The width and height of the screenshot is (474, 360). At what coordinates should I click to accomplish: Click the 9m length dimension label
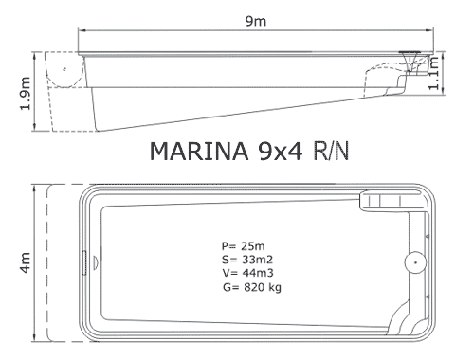(x=256, y=21)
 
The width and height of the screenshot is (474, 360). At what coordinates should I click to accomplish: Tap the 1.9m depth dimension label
(x=26, y=94)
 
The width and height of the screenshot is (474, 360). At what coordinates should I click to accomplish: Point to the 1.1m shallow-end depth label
(x=433, y=73)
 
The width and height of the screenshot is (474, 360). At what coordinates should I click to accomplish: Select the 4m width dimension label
(x=26, y=262)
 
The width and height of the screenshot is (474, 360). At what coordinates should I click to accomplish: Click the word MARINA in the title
(x=199, y=152)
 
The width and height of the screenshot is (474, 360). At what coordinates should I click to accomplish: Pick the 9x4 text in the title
(x=281, y=152)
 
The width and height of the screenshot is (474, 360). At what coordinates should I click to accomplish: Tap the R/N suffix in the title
(x=331, y=152)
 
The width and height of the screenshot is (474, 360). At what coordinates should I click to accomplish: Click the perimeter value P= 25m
(x=243, y=245)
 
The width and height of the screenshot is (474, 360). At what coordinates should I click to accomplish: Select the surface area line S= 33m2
(x=247, y=260)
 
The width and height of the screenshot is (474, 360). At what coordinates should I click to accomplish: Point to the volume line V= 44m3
(x=247, y=273)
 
